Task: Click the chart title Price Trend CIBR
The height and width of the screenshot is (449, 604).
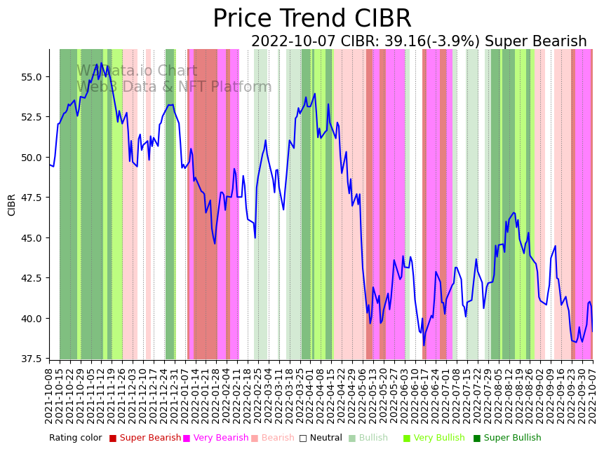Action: tap(311, 19)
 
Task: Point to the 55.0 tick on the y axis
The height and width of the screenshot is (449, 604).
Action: tap(33, 76)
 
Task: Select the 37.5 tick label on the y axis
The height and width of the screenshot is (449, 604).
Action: tap(33, 359)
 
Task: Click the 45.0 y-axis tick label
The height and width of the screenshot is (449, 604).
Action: tap(33, 237)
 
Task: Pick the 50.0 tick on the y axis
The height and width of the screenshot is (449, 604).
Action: tap(33, 157)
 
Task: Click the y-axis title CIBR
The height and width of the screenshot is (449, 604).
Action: tap(12, 205)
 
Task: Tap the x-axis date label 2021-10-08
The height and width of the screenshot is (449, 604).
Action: tap(49, 396)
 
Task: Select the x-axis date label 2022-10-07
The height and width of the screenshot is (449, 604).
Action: tap(593, 396)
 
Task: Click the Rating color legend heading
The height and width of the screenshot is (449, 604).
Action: tap(75, 438)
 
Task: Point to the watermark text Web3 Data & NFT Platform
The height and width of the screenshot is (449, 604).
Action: tap(174, 88)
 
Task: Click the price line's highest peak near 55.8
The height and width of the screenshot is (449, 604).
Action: tap(101, 63)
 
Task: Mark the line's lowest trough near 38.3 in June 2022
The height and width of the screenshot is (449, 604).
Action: tap(424, 345)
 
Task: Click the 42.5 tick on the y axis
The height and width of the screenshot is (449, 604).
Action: tap(33, 278)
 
